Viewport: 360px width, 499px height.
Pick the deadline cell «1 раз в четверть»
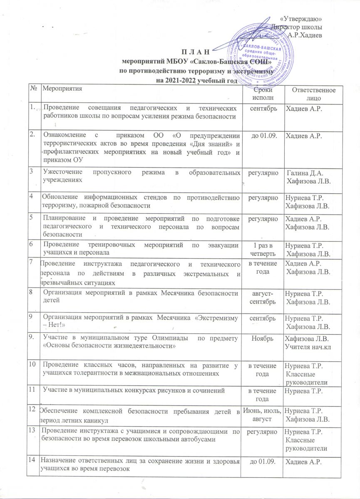(x=261, y=247)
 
